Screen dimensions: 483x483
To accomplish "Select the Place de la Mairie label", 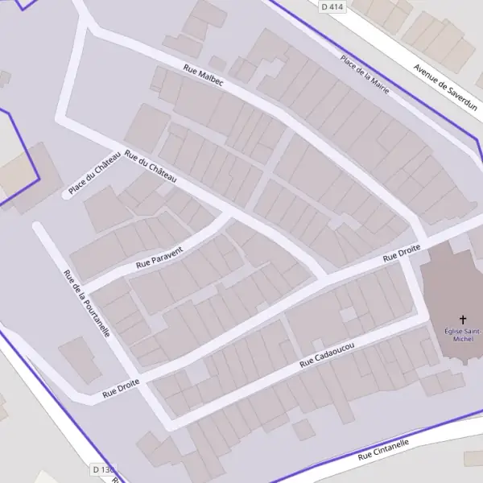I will click(365, 74).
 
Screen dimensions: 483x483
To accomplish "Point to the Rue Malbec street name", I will click(204, 76).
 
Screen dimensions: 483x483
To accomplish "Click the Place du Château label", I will click(94, 173).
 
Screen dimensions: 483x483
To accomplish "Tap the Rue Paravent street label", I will click(160, 256).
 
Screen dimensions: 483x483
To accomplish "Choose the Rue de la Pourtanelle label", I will click(86, 303).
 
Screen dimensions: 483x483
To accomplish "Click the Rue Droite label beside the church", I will click(401, 256).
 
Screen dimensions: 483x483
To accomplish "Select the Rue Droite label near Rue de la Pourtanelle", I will click(121, 389).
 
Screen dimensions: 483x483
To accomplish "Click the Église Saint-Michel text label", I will click(463, 334).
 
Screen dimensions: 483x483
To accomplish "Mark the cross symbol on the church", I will click(463, 320).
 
